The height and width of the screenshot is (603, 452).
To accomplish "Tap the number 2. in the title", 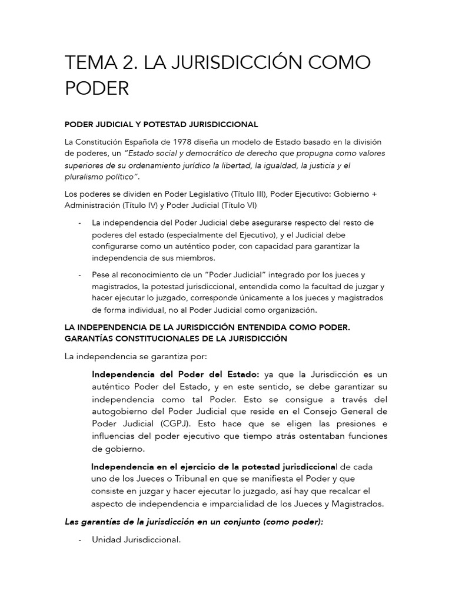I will coord(130,63).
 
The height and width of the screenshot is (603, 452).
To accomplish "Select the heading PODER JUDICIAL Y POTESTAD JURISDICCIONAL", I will coord(161,124).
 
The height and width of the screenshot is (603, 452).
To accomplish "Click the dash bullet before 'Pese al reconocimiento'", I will coord(79,275).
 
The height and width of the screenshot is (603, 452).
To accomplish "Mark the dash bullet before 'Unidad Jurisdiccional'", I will coord(79,539).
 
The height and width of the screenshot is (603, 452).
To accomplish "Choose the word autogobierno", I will coord(123,411).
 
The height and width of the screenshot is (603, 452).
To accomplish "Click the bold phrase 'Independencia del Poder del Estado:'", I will coord(175,375).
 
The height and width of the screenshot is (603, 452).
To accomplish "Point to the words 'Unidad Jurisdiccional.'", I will coord(136,539).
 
